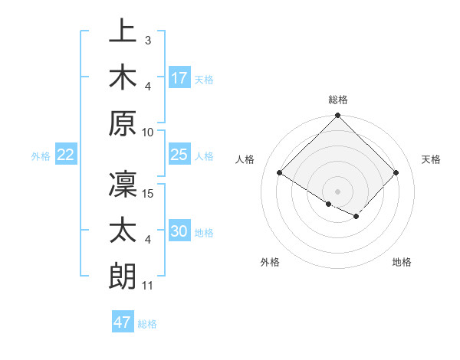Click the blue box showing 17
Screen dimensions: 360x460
click(x=179, y=77)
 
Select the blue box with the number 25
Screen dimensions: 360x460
click(x=179, y=155)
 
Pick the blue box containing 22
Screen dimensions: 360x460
click(x=65, y=155)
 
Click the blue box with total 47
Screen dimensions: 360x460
click(x=123, y=322)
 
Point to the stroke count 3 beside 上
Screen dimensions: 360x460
click(x=147, y=39)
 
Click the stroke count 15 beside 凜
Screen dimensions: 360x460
click(x=149, y=194)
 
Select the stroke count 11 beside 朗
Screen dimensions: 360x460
click(x=148, y=286)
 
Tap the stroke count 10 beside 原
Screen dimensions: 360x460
click(x=149, y=132)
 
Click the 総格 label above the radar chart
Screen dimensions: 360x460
click(x=338, y=100)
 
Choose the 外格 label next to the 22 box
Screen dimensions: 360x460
click(x=41, y=156)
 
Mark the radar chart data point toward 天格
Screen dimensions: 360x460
click(x=396, y=172)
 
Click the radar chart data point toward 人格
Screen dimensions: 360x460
click(x=280, y=172)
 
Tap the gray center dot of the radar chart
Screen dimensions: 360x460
click(x=337, y=190)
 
